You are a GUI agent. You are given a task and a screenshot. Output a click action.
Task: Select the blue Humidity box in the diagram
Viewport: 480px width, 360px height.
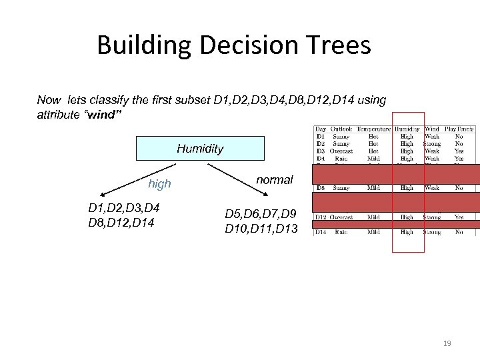[x=200, y=149]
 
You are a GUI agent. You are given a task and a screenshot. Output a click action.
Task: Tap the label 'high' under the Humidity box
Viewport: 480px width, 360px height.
[x=160, y=184]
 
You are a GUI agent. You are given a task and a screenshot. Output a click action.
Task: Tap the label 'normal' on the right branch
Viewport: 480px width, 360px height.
[x=275, y=181]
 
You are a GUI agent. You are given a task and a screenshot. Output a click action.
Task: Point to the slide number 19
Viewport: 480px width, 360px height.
[x=447, y=344]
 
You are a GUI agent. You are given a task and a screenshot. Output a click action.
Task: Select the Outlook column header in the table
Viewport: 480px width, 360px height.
[x=341, y=129]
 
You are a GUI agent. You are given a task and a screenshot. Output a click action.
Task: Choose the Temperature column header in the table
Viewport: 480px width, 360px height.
[x=373, y=129]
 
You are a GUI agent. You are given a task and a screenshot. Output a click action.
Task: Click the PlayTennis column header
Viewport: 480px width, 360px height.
[x=459, y=129]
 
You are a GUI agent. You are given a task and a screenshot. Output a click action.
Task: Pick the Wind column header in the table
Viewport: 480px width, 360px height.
[x=432, y=129]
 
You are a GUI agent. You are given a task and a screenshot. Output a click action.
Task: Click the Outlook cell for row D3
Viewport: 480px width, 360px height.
[x=341, y=151]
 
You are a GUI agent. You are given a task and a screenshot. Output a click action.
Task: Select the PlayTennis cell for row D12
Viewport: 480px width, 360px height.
[x=459, y=217]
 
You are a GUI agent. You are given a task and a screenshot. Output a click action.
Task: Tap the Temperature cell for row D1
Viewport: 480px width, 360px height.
[x=373, y=136]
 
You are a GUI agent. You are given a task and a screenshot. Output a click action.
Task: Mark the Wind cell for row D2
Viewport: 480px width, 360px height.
[x=432, y=143]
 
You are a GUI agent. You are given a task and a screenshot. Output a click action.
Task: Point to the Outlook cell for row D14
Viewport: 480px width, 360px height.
[x=341, y=232]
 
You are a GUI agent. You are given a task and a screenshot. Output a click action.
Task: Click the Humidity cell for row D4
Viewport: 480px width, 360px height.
[x=407, y=159]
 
